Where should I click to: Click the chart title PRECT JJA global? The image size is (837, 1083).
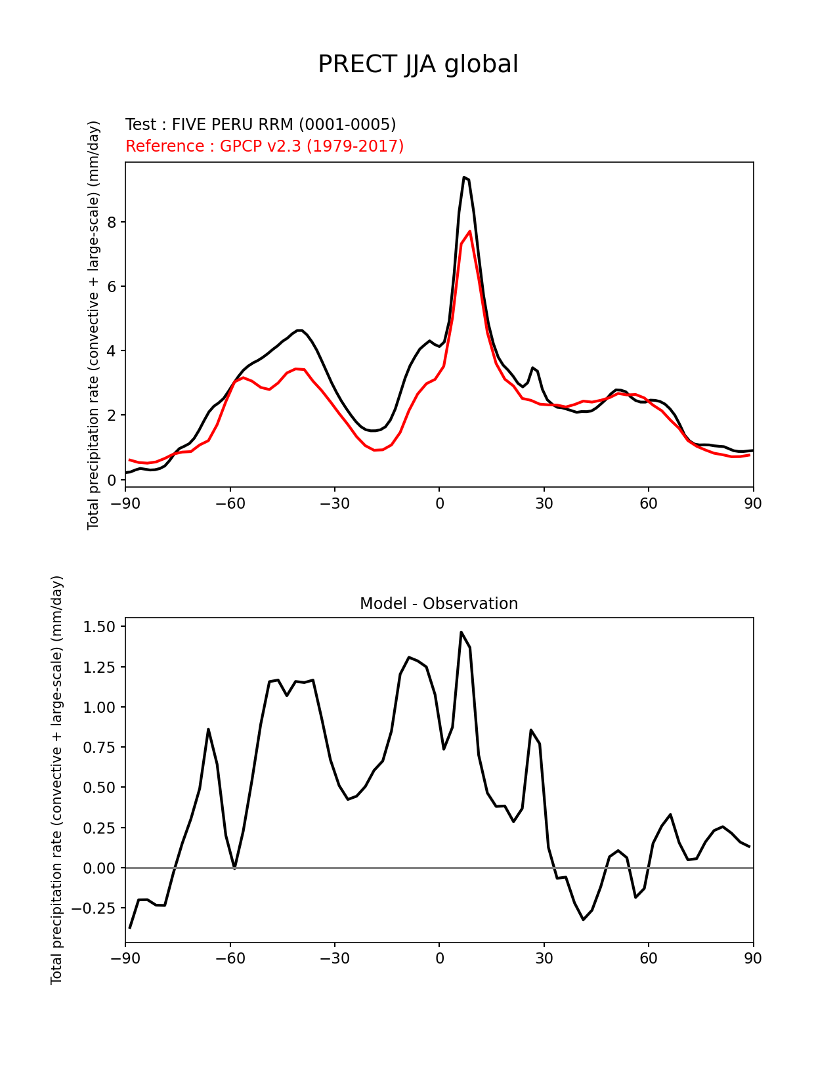coord(418,65)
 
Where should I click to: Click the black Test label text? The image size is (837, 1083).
coord(261,125)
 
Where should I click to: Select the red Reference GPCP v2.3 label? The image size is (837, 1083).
coord(265,146)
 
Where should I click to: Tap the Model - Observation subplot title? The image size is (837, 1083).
coord(439,604)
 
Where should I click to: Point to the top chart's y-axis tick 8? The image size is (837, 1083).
coord(112,223)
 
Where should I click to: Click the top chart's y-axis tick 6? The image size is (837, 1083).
coord(112,287)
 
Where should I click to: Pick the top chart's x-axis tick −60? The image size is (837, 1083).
coord(230,503)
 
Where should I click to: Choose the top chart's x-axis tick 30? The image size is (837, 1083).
coord(544,503)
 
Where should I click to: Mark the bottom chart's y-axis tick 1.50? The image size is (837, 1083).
coord(99,627)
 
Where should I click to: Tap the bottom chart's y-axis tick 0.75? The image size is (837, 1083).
coord(99,748)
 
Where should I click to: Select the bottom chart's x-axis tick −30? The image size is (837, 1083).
coord(334,958)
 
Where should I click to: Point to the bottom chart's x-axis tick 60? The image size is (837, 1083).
coord(648,958)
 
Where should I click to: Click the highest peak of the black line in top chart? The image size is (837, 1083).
coord(463,177)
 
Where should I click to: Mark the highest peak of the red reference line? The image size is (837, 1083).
coord(469,231)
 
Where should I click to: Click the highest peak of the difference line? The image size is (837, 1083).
coord(461,632)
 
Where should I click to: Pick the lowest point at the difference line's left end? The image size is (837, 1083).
coord(130,927)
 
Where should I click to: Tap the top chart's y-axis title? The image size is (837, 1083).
coord(94,325)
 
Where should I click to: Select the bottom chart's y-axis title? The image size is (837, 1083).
coord(57,780)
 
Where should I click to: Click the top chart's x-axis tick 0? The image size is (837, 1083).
coord(439,503)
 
